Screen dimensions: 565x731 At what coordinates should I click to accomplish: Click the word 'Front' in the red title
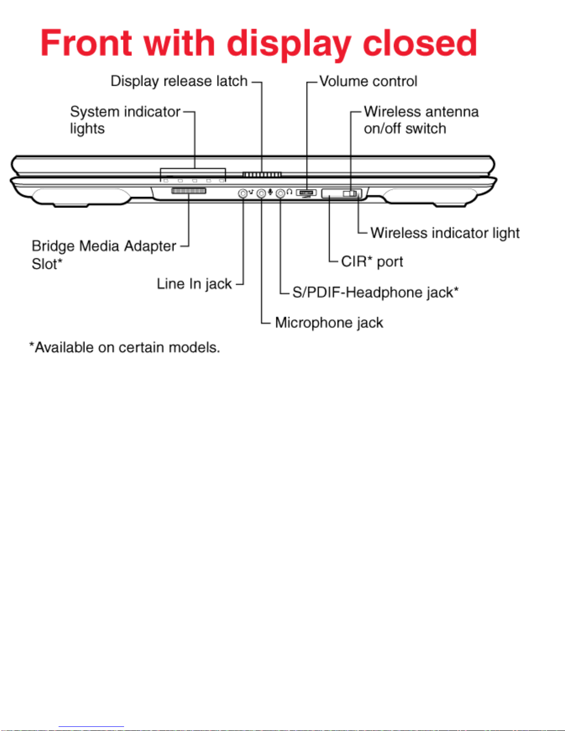coord(86,43)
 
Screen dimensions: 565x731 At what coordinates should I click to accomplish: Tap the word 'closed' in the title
coord(420,43)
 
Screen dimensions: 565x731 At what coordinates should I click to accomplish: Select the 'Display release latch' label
coord(179,82)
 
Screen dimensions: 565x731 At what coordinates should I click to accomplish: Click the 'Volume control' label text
coord(368,82)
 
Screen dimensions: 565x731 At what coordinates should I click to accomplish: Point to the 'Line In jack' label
coord(194,284)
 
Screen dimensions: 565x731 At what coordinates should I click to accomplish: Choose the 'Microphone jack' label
coord(329,323)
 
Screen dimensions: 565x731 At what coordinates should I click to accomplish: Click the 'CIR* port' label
coord(372,261)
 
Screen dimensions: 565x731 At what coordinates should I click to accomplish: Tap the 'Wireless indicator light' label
coord(445,233)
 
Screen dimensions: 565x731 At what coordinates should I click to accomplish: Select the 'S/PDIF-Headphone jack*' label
coord(375,292)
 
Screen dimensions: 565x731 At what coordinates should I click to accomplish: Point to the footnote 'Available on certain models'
coord(125,347)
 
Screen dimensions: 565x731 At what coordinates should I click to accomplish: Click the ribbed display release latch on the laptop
coord(262,175)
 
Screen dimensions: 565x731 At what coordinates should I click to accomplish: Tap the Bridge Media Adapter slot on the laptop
coord(189,191)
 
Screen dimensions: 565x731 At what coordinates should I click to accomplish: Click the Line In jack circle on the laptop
coord(243,193)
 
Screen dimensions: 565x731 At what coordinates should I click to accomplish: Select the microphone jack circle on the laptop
coord(262,193)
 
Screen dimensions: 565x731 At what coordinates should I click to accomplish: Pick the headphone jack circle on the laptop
coord(280,193)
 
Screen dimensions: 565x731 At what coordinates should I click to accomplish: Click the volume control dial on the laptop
coord(306,193)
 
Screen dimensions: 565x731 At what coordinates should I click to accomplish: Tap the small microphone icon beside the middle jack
coord(270,192)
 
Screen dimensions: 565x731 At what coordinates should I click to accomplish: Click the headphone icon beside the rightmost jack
coord(289,192)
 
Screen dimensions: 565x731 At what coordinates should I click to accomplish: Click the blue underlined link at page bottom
coord(91,727)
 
